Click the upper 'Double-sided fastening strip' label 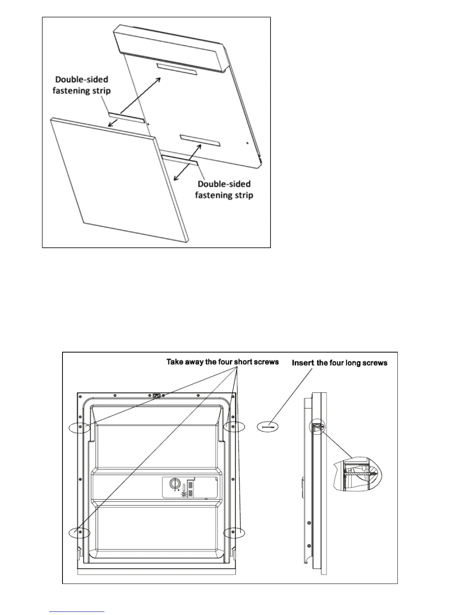81,85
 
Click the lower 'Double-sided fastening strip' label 224,189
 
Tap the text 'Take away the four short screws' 222,362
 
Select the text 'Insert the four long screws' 340,363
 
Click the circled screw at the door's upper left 80,427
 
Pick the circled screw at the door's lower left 80,533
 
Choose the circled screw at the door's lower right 234,532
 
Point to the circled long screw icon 268,427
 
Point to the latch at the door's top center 157,396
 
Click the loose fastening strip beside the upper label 127,118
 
